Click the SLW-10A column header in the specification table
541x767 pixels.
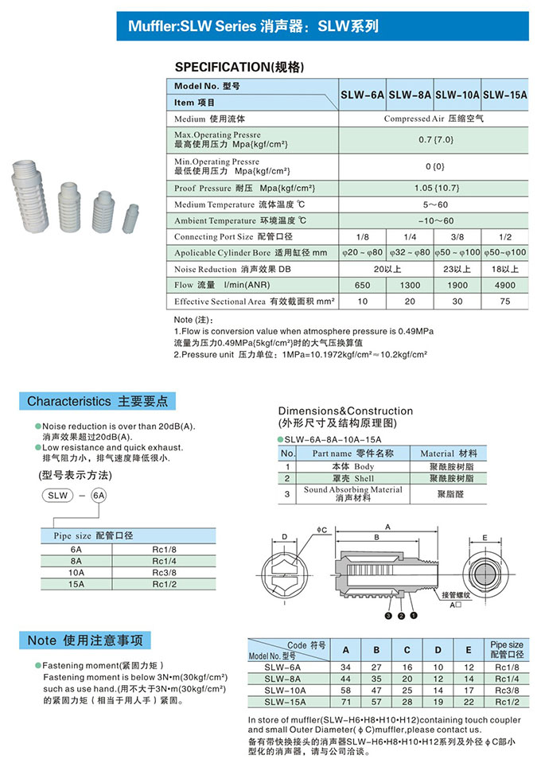[x=457, y=94]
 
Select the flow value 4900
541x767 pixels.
[x=504, y=285]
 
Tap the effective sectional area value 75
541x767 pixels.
[x=504, y=302]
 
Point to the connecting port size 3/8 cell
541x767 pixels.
[x=457, y=237]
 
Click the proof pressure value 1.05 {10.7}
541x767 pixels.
[x=434, y=189]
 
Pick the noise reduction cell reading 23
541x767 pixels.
[x=457, y=269]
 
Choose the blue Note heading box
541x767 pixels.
[x=85, y=640]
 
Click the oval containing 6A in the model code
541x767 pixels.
[x=99, y=495]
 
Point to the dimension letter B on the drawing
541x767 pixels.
[x=376, y=537]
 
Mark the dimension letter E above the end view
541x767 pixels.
[x=485, y=537]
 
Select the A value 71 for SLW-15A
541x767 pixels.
[x=346, y=702]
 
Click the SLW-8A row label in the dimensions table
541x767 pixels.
[x=283, y=679]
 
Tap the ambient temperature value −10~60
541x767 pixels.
[x=434, y=220]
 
